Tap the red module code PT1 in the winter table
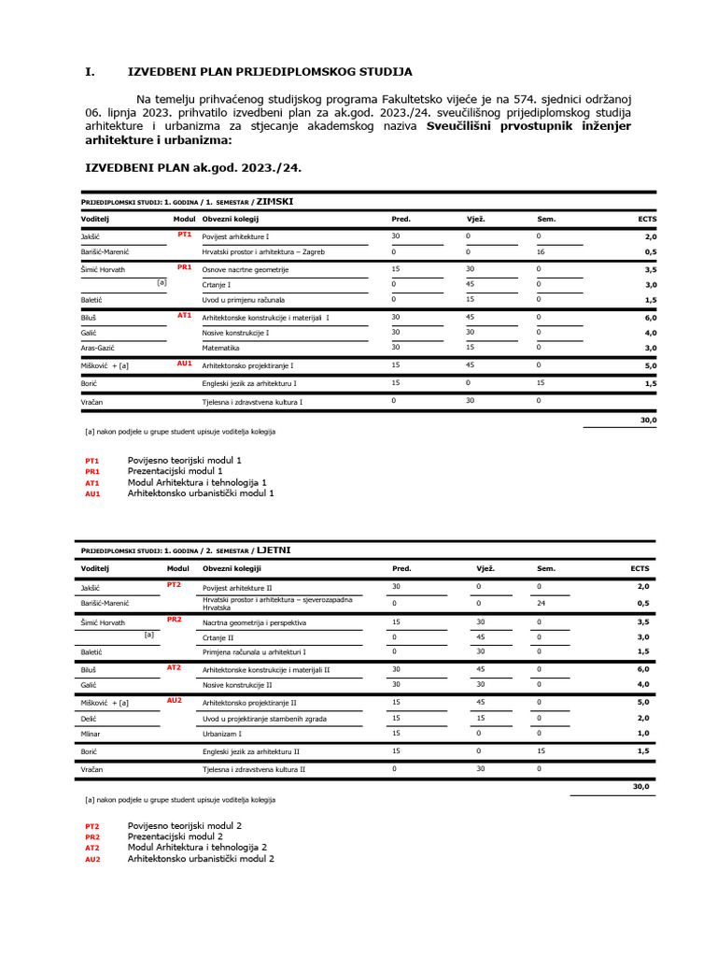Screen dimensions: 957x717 [x=184, y=235]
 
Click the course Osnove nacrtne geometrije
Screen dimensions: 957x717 [x=246, y=269]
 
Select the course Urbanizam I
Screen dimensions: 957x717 [x=222, y=735]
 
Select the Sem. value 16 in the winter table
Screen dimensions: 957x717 [x=540, y=252]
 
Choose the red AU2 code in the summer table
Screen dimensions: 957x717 [x=175, y=699]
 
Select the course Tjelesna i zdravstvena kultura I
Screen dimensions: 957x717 [x=253, y=401]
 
